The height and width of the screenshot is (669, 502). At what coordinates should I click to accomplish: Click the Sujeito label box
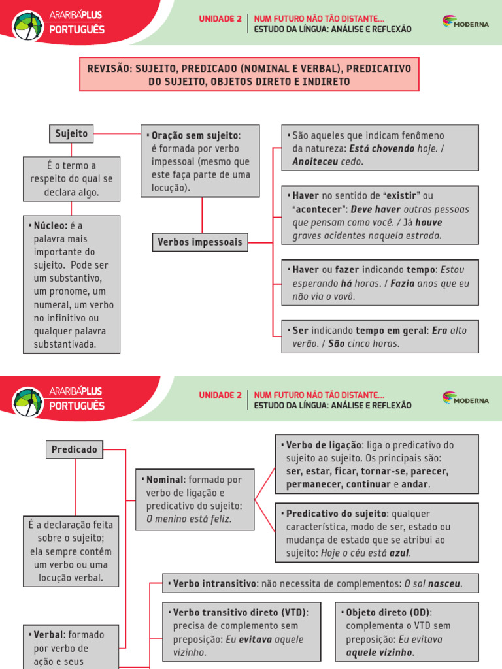click(71, 133)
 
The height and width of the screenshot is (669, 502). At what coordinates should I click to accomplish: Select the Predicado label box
click(75, 449)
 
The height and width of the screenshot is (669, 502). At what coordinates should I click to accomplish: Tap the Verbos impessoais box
click(199, 242)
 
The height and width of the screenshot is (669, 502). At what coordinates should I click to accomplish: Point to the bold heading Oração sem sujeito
click(195, 135)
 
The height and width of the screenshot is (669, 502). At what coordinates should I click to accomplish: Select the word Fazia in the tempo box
click(403, 283)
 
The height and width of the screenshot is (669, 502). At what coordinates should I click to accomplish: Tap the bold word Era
click(440, 331)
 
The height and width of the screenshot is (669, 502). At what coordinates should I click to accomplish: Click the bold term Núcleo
click(50, 225)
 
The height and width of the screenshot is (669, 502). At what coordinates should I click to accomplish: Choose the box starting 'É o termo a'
click(71, 179)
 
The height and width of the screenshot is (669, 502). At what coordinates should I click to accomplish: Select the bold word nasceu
click(444, 583)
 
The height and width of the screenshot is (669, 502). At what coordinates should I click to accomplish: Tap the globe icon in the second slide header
click(28, 400)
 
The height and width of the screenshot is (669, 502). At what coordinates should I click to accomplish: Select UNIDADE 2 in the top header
click(220, 18)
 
